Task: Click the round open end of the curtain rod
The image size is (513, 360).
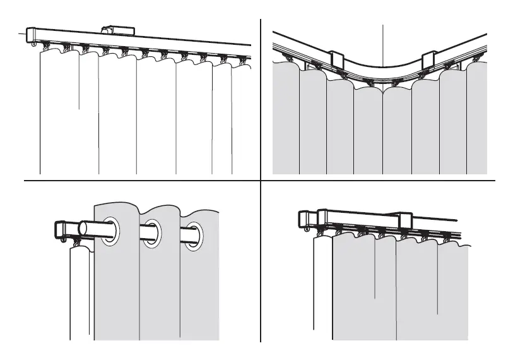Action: coord(83,228)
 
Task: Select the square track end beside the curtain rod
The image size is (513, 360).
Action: coord(62,229)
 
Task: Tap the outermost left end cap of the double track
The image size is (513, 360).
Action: coord(303,219)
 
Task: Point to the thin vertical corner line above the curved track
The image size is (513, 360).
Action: coord(383,44)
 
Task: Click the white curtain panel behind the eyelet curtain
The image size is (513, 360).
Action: coord(80,291)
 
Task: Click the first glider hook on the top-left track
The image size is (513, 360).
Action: coord(47,46)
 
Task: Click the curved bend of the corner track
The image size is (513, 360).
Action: coord(382,71)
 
